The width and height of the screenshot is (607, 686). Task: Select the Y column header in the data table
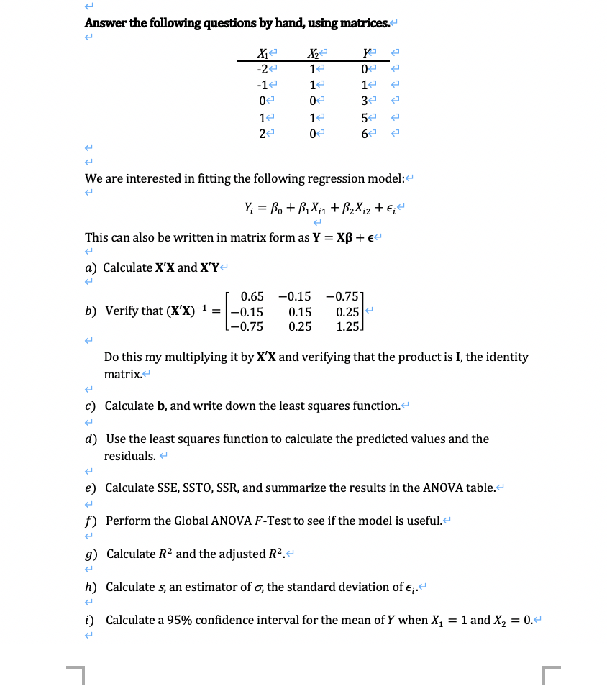point(368,53)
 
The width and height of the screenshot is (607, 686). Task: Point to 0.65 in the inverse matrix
point(252,296)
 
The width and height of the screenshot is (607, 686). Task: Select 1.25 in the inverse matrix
point(348,326)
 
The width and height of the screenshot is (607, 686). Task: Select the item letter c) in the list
point(91,406)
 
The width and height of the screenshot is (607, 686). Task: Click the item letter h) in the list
point(91,587)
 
